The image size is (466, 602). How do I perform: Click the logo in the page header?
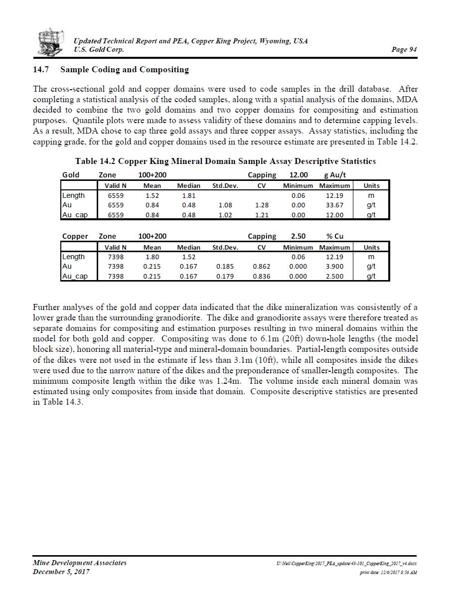[51, 42]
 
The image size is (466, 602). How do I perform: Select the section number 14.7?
[40, 70]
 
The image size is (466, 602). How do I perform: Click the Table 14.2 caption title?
[225, 161]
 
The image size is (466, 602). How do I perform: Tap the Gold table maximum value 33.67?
[334, 205]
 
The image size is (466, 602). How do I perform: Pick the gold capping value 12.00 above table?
[299, 175]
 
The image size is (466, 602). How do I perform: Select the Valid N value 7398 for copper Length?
[116, 257]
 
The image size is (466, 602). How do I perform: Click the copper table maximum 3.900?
[334, 266]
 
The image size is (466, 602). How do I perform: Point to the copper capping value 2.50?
[298, 236]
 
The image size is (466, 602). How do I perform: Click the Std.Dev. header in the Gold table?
[225, 185]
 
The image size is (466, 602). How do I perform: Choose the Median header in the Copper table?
[189, 247]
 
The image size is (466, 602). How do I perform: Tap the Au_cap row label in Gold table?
[75, 215]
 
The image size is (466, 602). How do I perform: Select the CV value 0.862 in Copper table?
[262, 266]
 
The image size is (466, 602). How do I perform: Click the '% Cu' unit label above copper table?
[335, 236]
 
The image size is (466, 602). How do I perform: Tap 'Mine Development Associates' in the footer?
[80, 563]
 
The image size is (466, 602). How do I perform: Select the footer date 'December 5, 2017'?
[61, 572]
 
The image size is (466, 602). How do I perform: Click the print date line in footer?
[388, 573]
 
